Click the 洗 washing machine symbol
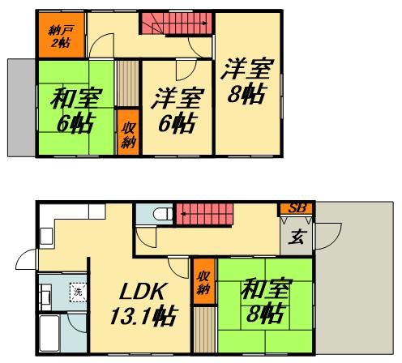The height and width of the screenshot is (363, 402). point(77,289)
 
